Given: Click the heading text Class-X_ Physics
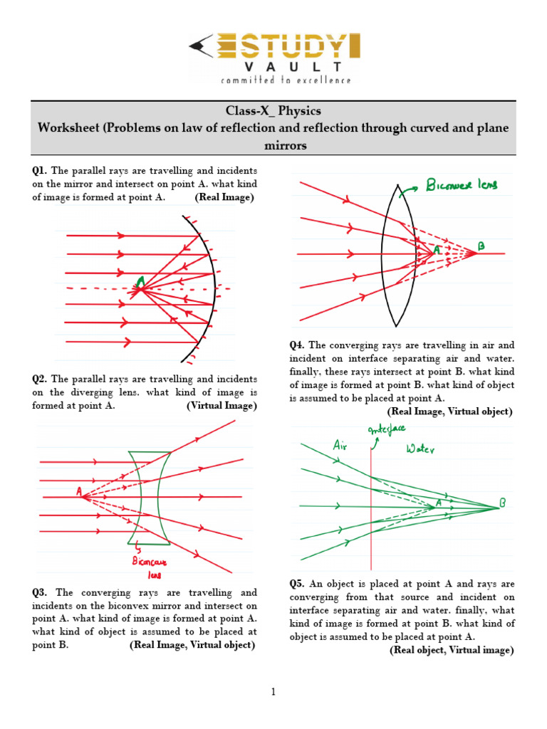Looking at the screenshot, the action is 273,111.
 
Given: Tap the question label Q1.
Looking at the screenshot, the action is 39,171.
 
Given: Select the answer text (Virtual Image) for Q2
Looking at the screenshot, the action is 222,406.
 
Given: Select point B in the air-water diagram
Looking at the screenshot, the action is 503,503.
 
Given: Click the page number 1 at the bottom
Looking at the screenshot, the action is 273,691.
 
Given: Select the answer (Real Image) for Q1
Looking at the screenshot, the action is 224,197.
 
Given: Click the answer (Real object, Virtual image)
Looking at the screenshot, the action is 451,650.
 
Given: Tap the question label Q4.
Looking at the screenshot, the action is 297,345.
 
